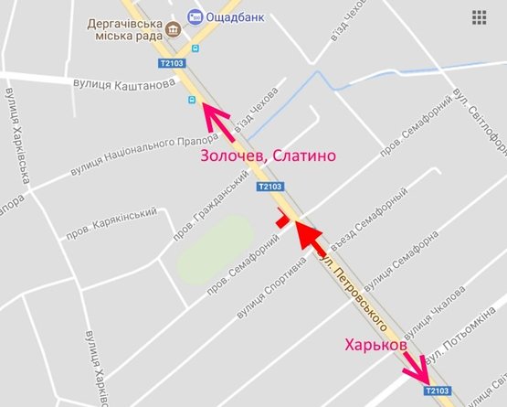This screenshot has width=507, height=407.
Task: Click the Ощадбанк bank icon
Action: click(x=195, y=16)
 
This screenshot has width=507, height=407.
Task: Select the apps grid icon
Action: click(x=479, y=17)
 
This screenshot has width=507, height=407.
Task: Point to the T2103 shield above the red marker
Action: click(x=270, y=187)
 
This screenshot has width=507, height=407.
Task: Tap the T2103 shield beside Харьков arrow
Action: click(x=438, y=391)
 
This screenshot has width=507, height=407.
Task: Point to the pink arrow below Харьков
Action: click(x=416, y=368)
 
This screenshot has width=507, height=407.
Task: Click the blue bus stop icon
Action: click(x=191, y=100)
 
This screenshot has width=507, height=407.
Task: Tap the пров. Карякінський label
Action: click(x=111, y=223)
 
